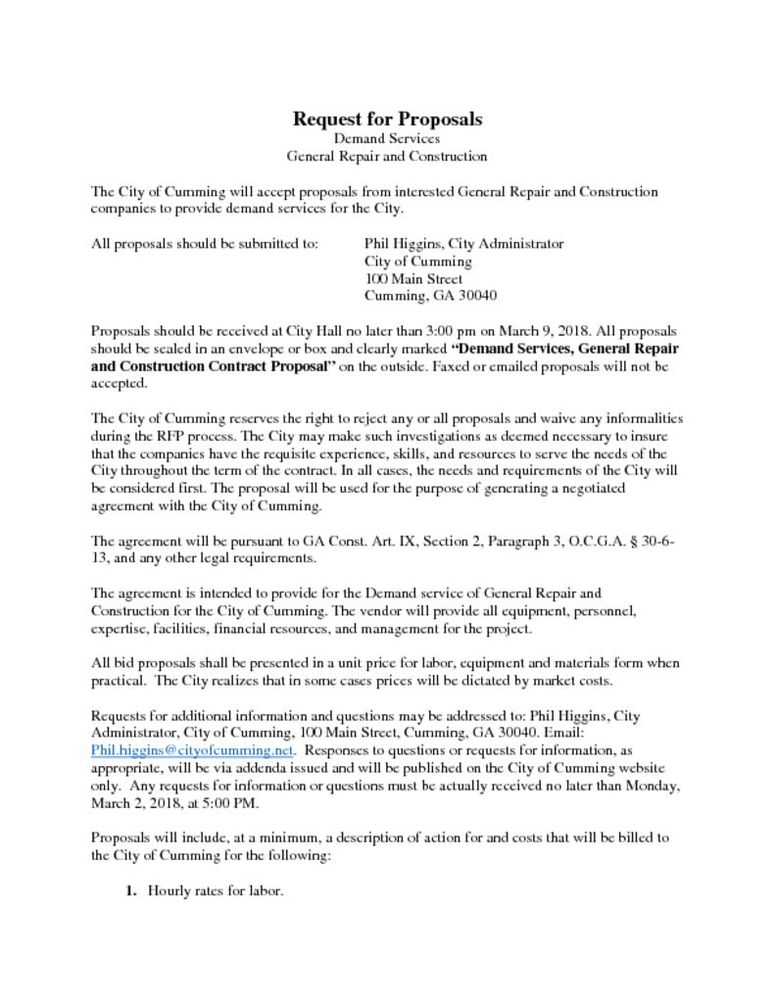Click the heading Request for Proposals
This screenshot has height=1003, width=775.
pos(387,119)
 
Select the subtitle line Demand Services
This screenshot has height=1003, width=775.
pos(387,139)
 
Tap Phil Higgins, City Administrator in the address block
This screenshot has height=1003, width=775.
pos(463,244)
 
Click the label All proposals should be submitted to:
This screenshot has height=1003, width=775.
pos(204,244)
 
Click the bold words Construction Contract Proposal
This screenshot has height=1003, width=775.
pos(227,366)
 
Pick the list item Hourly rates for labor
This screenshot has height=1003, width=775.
pos(216,891)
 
